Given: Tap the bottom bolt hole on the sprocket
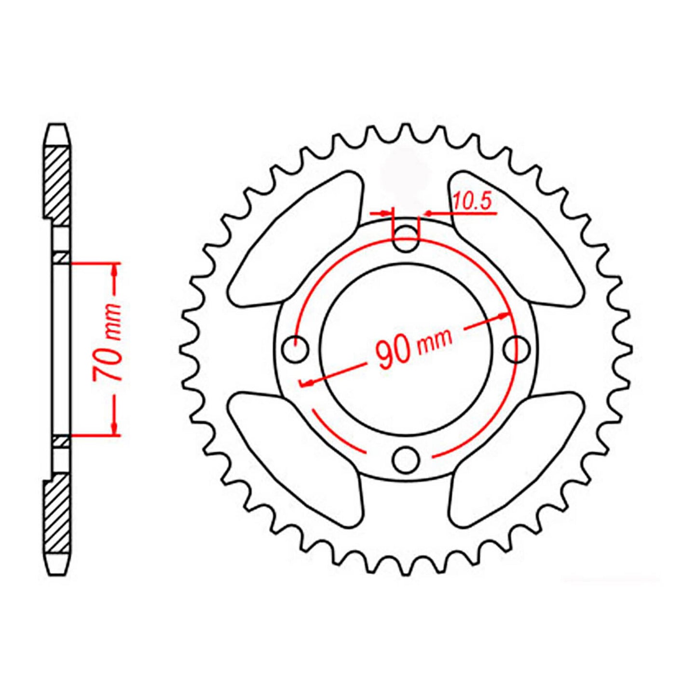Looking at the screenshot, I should (405, 459).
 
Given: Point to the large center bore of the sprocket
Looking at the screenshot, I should (406, 309).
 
